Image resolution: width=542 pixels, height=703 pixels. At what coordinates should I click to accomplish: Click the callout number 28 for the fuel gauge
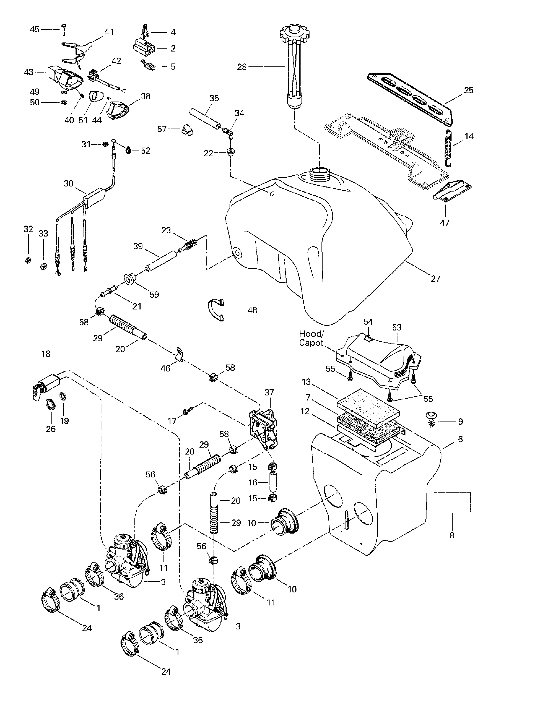click(x=242, y=67)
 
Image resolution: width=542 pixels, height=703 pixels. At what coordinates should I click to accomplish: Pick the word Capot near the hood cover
click(x=311, y=343)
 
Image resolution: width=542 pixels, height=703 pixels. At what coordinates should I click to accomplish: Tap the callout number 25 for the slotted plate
click(x=469, y=90)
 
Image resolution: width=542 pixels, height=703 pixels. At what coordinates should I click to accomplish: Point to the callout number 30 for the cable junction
click(x=68, y=184)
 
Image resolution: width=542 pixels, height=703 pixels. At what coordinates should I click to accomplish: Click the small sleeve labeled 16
click(x=273, y=481)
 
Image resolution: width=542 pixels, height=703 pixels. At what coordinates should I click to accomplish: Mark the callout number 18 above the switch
click(x=46, y=354)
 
